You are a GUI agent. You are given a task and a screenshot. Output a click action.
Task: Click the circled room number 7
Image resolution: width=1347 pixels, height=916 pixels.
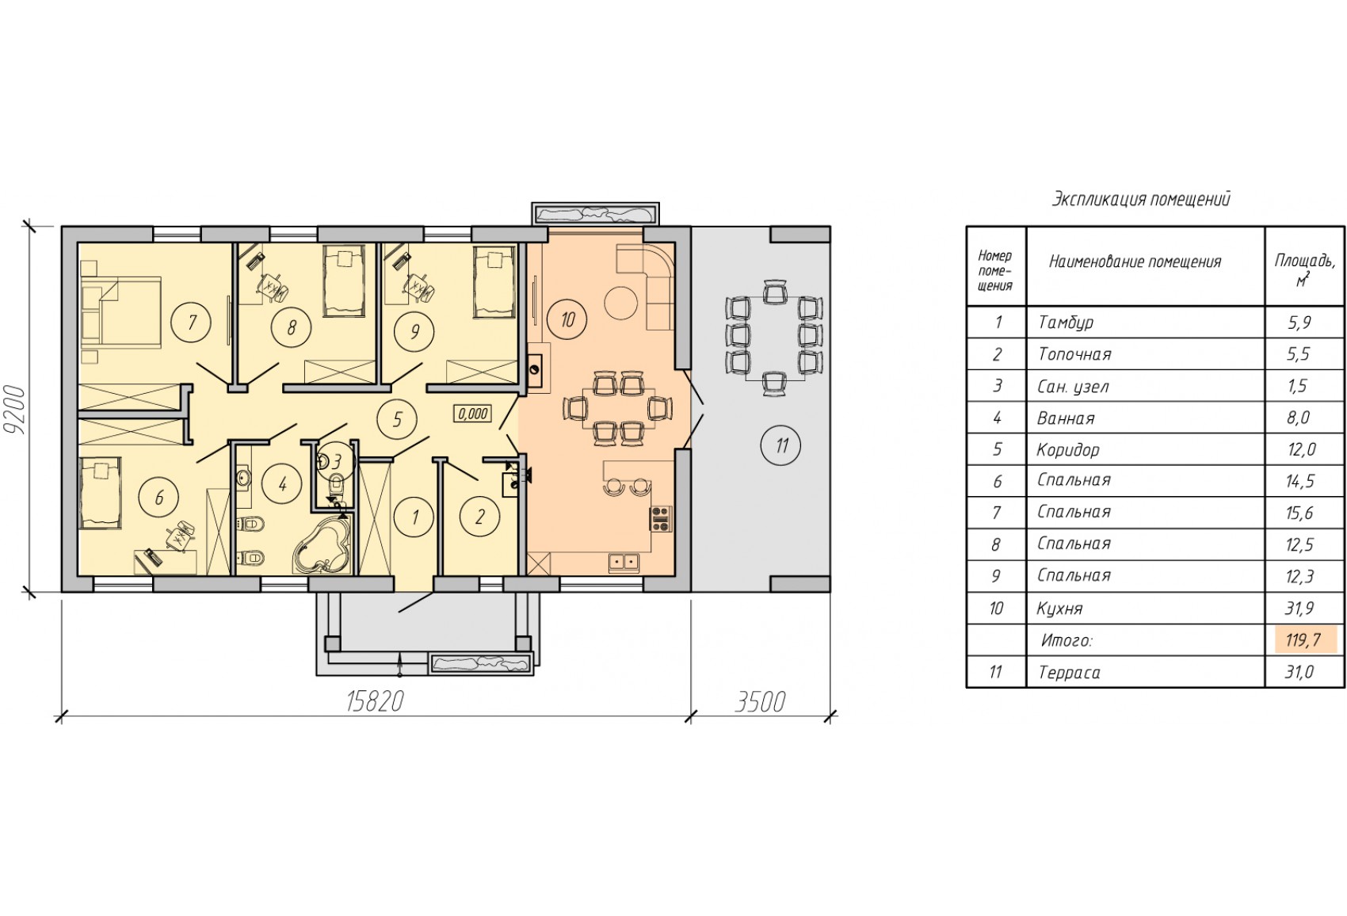tap(192, 323)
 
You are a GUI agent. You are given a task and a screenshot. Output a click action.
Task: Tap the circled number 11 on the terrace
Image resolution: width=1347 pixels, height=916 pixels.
tap(781, 445)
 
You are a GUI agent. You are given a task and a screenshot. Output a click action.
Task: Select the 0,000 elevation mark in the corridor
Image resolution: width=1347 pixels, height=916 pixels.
tap(472, 414)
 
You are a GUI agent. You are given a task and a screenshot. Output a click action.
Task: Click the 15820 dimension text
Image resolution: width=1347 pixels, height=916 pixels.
tap(375, 702)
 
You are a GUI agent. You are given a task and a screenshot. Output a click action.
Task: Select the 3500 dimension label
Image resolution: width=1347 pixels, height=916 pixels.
tap(760, 702)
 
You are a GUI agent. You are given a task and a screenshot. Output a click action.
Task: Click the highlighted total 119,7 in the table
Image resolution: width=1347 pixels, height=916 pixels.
tap(1303, 640)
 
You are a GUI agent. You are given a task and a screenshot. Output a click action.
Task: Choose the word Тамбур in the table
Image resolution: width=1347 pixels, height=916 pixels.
tap(1066, 323)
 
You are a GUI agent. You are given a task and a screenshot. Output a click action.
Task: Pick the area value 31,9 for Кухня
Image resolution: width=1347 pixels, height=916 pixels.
tap(1299, 608)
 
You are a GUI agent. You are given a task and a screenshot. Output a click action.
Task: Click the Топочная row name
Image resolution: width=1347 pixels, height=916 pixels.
tap(1074, 354)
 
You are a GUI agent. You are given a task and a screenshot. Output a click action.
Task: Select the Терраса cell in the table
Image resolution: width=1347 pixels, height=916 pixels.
tap(1070, 673)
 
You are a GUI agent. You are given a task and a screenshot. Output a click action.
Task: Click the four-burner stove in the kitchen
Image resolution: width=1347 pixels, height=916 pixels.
tap(660, 517)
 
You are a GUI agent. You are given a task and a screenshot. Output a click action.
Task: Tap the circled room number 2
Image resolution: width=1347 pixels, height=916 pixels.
tap(479, 517)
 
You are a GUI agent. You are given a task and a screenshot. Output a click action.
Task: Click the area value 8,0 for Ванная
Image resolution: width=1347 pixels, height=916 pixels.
tap(1299, 418)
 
